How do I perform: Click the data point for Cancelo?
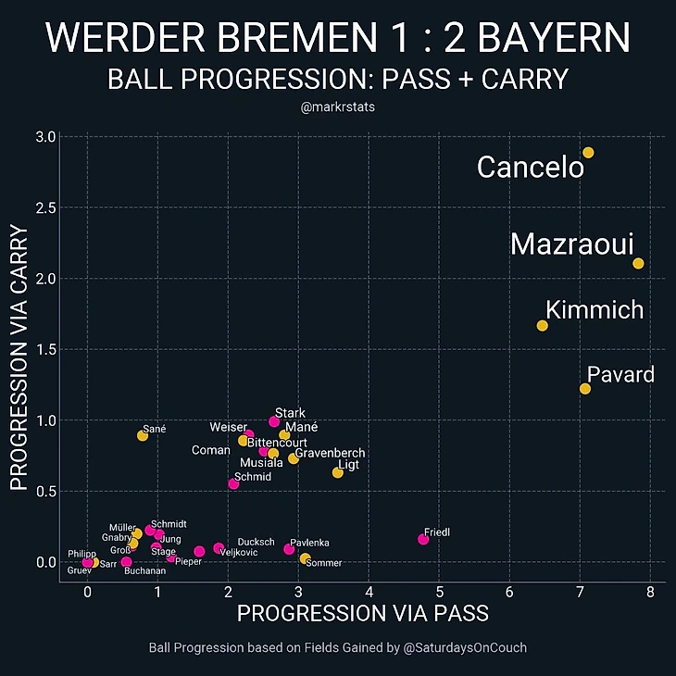[x=588, y=153]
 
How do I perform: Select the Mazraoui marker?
[x=638, y=264]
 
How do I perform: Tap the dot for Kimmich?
[x=542, y=326]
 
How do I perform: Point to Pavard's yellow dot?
[x=584, y=389]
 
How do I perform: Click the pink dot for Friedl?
[x=423, y=539]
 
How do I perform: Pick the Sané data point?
[x=142, y=435]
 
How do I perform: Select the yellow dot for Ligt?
[x=338, y=473]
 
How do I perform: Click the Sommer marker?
[x=305, y=558]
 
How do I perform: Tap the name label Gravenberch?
[x=330, y=454]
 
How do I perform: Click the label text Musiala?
[x=261, y=463]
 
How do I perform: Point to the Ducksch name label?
[x=256, y=543]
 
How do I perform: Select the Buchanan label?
[x=144, y=571]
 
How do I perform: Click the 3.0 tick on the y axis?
[x=46, y=137]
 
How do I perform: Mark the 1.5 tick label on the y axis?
[x=46, y=350]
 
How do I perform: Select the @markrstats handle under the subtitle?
[x=337, y=108]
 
